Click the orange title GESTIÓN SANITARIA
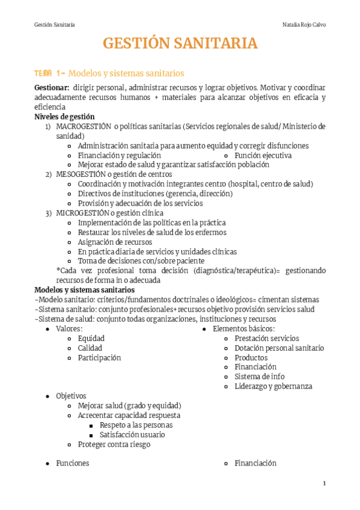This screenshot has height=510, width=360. (180, 44)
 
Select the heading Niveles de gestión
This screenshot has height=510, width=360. (64, 117)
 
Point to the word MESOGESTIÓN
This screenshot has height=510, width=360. (82, 174)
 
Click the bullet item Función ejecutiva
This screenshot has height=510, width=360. (263, 155)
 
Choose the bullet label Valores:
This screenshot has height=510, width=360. (69, 329)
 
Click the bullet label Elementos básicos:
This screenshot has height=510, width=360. (244, 329)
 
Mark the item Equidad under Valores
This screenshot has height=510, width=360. (91, 339)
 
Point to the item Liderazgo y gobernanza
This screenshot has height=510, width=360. (273, 386)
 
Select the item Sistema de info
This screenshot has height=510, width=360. (260, 376)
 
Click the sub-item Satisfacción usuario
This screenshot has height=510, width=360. (132, 434)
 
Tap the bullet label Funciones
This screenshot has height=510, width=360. (73, 463)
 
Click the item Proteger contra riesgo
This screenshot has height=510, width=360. (114, 444)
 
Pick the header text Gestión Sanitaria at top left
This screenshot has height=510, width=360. (55, 25)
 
